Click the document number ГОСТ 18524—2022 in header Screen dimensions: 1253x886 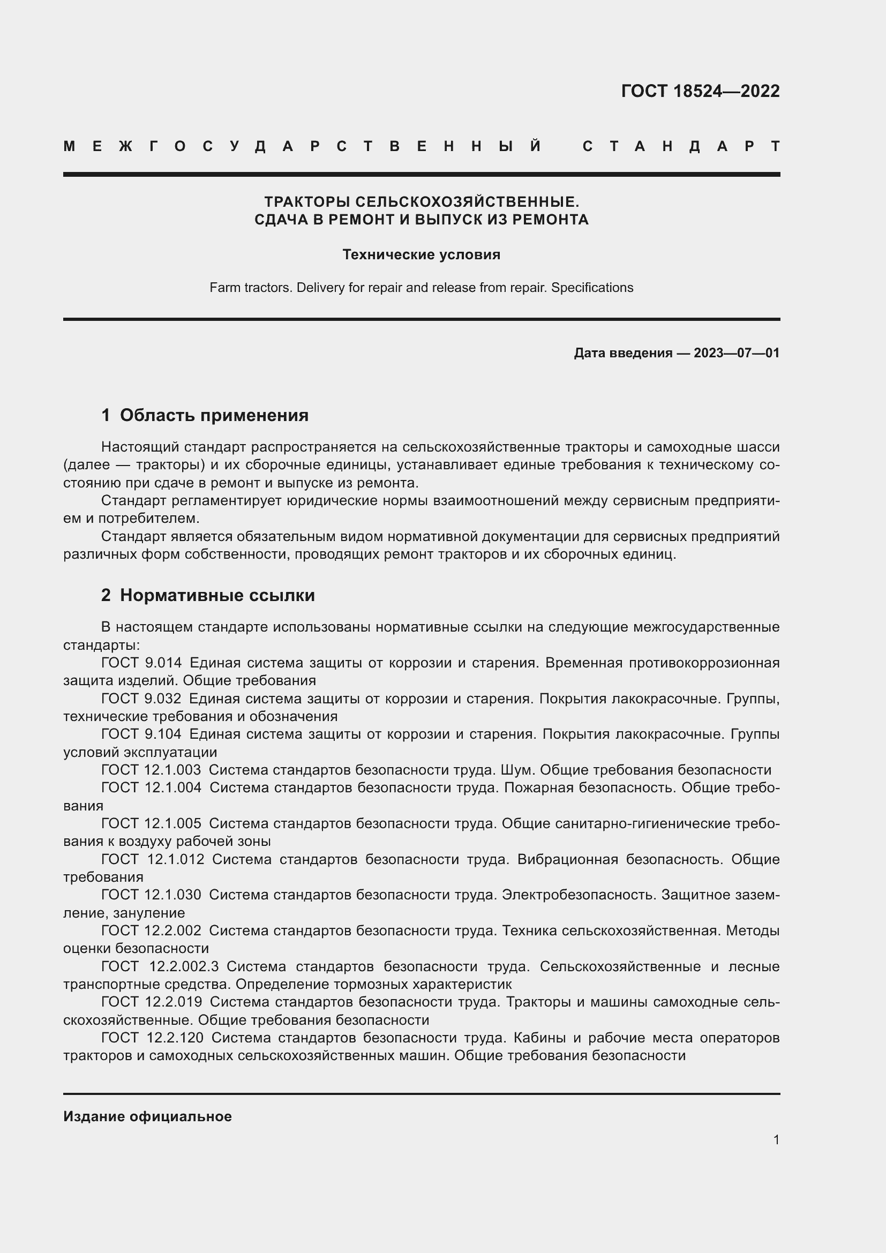click(700, 91)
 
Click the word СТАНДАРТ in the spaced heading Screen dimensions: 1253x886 click(681, 146)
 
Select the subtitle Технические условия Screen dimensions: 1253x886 click(421, 254)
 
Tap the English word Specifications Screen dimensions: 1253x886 click(592, 288)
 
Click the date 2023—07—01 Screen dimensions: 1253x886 click(737, 352)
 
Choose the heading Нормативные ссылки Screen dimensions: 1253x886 click(217, 595)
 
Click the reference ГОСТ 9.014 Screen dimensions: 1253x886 click(141, 663)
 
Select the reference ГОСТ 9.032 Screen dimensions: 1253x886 click(141, 699)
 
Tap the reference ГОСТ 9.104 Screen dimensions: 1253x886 click(141, 734)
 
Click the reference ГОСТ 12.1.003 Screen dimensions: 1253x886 click(151, 769)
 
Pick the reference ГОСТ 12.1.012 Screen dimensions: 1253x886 click(153, 859)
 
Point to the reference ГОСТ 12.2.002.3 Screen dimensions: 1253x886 click(160, 966)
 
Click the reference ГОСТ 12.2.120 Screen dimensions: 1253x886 click(152, 1038)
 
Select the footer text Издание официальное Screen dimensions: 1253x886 click(147, 1116)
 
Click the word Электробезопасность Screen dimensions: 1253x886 click(579, 895)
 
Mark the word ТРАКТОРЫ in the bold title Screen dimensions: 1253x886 click(307, 202)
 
